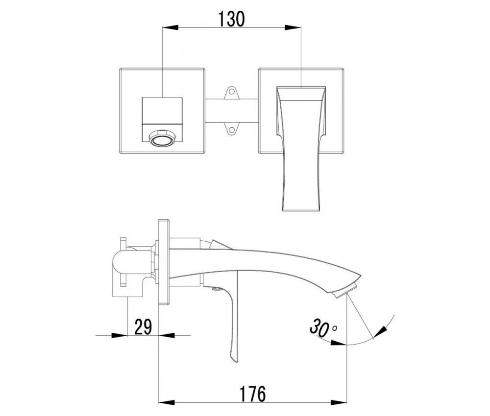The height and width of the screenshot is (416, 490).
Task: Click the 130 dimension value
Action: [231, 19]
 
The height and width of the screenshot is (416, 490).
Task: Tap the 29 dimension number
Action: [143, 326]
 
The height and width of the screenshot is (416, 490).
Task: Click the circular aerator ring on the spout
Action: [162, 138]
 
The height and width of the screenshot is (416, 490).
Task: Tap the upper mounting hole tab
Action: [231, 92]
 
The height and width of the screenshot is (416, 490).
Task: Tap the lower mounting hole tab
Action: [231, 129]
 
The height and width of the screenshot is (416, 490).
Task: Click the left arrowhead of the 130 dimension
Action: [171, 27]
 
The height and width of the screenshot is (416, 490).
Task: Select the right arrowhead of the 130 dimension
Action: [293, 27]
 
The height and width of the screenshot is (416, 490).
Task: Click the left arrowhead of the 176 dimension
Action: [167, 403]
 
